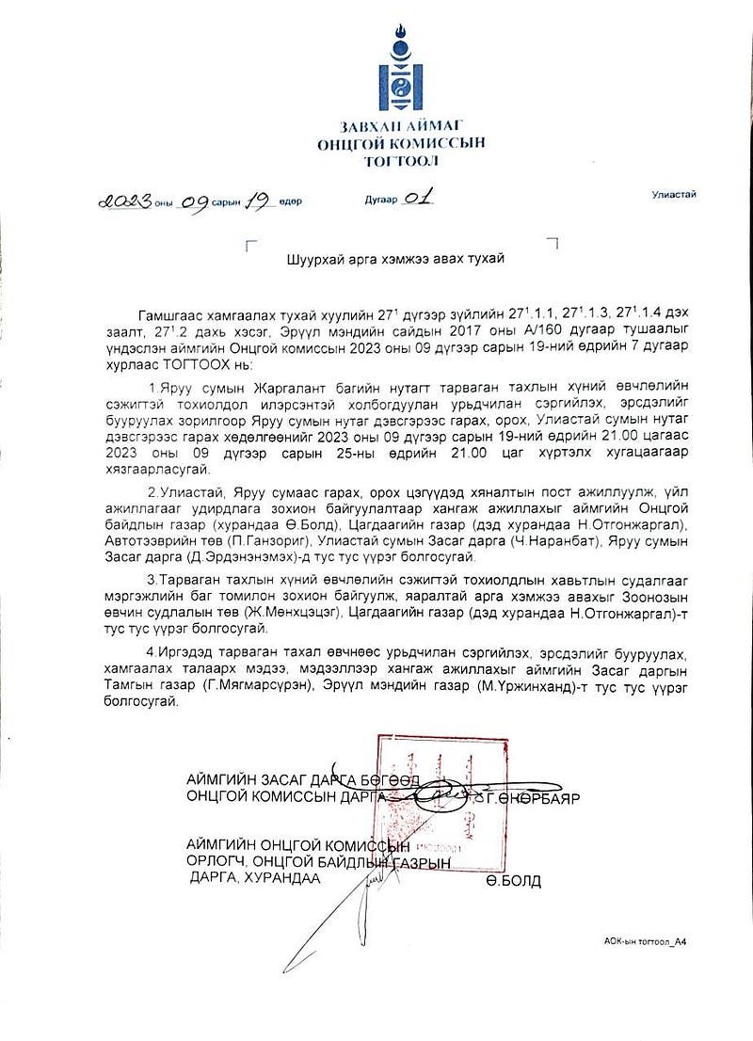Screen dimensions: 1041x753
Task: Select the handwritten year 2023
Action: coord(125,201)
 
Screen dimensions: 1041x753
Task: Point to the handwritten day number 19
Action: coord(259,201)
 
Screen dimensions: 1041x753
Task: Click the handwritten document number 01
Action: coord(420,200)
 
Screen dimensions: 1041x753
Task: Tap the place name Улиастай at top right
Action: coord(674,194)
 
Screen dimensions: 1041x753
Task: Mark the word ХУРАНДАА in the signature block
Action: coord(281,878)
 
